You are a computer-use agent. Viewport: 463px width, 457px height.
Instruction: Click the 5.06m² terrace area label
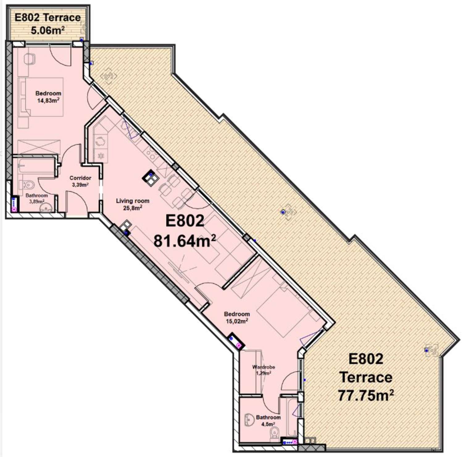(x=48, y=30)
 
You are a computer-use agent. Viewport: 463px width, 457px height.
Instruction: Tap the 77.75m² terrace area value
(x=366, y=395)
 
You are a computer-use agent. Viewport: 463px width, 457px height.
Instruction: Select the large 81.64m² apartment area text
(x=185, y=241)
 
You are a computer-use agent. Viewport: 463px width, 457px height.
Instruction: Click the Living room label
(x=133, y=201)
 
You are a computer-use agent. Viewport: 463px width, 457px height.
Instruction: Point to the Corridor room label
(x=80, y=178)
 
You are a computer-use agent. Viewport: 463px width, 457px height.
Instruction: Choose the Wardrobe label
(x=264, y=367)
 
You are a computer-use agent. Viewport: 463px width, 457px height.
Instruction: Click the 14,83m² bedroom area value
(x=48, y=100)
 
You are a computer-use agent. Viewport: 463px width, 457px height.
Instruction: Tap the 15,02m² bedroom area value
(x=237, y=321)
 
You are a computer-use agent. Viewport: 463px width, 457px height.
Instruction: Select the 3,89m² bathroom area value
(x=37, y=201)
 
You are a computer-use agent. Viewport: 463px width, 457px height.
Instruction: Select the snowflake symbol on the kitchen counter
(x=101, y=156)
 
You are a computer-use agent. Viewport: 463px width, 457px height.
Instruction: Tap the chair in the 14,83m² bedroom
(x=30, y=59)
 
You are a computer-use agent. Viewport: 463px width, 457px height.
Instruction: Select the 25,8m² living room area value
(x=133, y=208)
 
